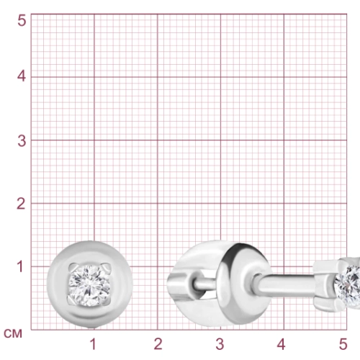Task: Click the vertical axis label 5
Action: (x=22, y=20)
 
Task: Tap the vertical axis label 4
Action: (x=22, y=76)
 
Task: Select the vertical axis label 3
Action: (x=22, y=141)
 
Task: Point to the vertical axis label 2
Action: (x=21, y=204)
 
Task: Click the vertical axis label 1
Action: (x=21, y=266)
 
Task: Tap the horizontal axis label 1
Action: (x=94, y=343)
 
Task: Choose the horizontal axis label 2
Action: (x=158, y=343)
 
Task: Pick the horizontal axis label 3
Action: (x=220, y=343)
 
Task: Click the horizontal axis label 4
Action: (x=282, y=343)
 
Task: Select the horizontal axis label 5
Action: (x=343, y=343)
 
